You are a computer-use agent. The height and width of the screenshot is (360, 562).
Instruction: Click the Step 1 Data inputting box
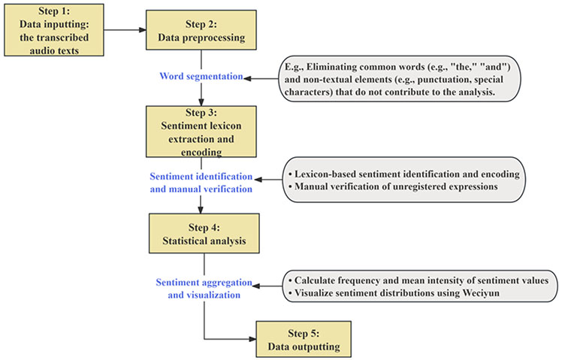click(x=54, y=30)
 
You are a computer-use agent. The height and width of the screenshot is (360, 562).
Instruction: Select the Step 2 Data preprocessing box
click(x=201, y=30)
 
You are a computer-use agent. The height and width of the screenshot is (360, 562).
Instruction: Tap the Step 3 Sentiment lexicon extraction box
click(x=201, y=132)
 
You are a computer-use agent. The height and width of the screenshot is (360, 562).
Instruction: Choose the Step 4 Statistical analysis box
click(x=204, y=234)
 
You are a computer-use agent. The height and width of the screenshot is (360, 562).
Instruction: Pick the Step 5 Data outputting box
click(x=304, y=339)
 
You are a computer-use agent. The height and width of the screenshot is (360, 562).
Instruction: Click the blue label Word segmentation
click(x=201, y=76)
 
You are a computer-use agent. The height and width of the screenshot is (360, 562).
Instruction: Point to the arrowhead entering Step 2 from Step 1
click(x=142, y=30)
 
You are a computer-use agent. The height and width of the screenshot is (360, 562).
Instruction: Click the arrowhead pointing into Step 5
click(x=252, y=339)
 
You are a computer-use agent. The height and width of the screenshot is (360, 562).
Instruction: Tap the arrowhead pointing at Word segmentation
click(x=247, y=78)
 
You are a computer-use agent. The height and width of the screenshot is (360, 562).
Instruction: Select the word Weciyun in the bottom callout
click(x=481, y=293)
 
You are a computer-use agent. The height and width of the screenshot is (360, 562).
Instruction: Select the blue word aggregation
click(x=225, y=283)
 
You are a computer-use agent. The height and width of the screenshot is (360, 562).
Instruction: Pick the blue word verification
click(x=228, y=189)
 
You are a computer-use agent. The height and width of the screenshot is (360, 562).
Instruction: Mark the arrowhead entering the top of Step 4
click(x=201, y=210)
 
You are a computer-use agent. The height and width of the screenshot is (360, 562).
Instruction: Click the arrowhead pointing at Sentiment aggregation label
click(x=257, y=286)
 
